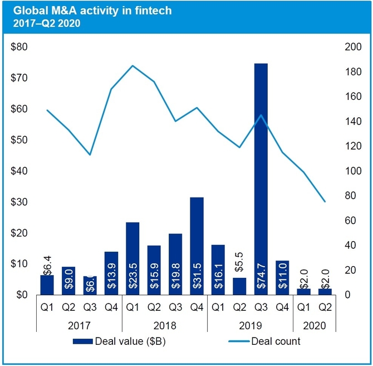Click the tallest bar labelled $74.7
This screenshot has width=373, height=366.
(261, 179)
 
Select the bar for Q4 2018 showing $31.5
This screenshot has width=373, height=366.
(197, 245)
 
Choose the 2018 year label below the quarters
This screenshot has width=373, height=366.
(164, 324)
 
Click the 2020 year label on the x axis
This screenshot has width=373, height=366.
(314, 324)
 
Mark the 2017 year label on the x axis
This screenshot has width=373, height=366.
(78, 324)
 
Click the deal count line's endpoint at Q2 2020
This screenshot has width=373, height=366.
(325, 201)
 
